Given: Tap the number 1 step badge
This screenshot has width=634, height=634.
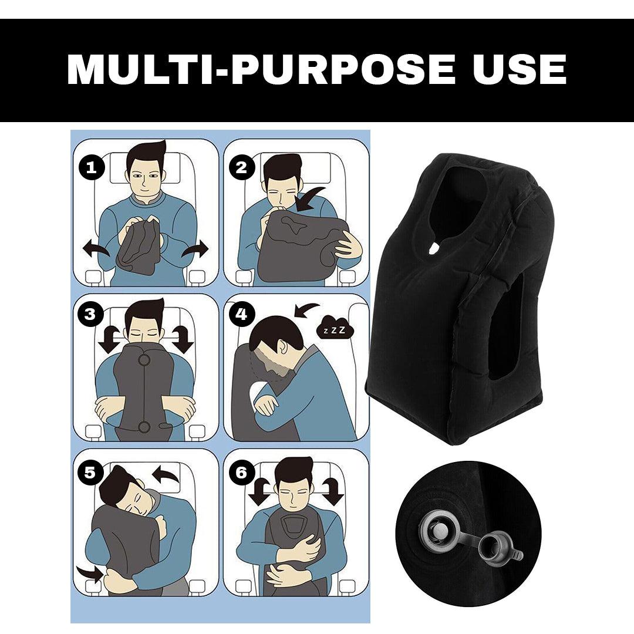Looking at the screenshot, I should pos(91,168).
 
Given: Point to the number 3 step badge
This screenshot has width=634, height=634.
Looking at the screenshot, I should pos(90,314).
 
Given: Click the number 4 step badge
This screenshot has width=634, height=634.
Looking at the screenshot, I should pos(241,314).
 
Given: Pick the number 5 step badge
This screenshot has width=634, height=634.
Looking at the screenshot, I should pos(90,473).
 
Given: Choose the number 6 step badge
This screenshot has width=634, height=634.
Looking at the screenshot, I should pos(241,472).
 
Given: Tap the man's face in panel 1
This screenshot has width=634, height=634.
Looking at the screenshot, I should pos(144,176).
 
